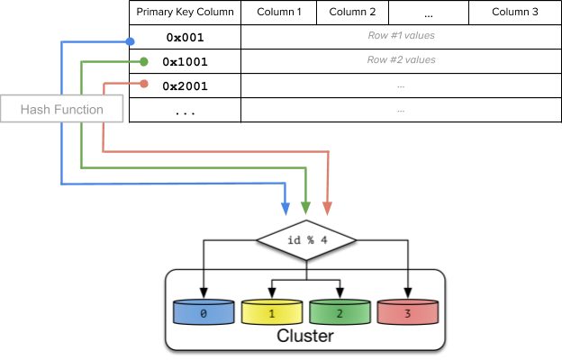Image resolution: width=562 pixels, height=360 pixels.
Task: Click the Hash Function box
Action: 61,109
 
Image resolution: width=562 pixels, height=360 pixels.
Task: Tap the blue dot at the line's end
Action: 130,41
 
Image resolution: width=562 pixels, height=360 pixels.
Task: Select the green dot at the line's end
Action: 144,62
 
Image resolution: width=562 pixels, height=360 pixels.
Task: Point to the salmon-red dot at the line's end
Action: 144,84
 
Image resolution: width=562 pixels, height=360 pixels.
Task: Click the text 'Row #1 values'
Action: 401,36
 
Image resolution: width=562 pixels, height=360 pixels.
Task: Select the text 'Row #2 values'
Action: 401,60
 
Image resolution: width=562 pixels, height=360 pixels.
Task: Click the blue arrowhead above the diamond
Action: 286,209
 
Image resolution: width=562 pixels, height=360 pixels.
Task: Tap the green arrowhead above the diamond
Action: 306,209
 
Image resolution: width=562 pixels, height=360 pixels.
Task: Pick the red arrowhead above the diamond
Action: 327,209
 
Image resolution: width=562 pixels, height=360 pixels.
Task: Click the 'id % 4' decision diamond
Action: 306,240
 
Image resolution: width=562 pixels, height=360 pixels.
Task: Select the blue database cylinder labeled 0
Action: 204,312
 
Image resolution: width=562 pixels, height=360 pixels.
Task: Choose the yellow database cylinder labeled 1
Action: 271,312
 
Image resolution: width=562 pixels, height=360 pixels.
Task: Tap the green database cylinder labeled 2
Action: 340,312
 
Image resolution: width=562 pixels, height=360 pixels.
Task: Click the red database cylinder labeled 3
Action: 408,312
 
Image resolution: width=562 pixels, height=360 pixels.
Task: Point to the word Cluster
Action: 304,337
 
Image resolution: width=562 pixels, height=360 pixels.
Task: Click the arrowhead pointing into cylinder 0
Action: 204,293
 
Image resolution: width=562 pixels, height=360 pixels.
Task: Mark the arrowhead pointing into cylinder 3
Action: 408,293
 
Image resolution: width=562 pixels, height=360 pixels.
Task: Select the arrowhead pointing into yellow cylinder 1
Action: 271,293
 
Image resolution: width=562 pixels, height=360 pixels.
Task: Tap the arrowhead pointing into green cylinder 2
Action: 340,293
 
